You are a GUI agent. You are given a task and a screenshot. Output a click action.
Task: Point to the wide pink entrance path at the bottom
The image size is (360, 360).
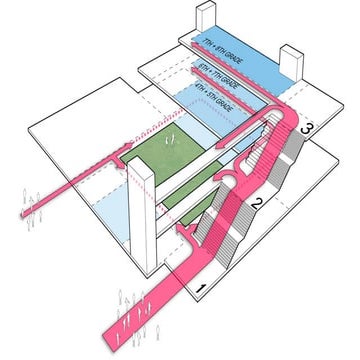[165, 300]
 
